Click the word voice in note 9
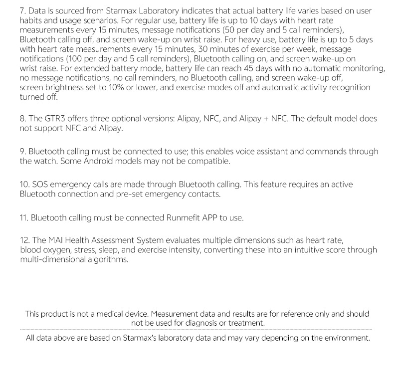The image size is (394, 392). pyautogui.click(x=242, y=151)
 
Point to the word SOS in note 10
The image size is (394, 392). pyautogui.click(x=39, y=184)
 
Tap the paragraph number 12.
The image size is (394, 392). pyautogui.click(x=25, y=240)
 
